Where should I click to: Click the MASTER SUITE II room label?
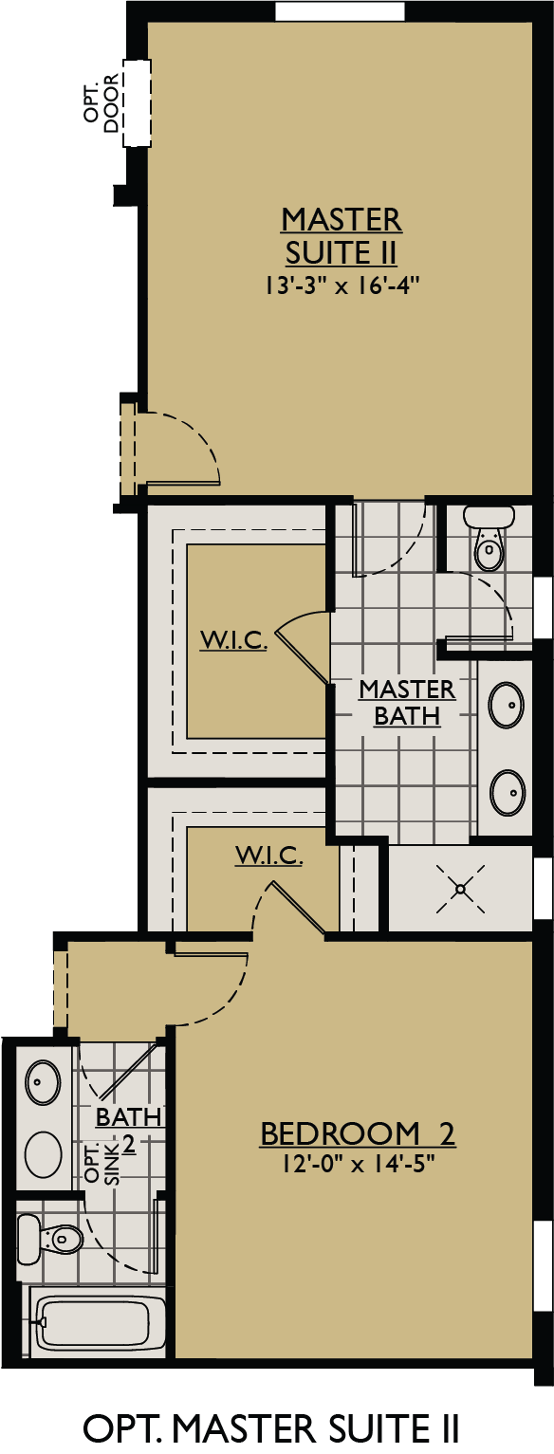tap(341, 236)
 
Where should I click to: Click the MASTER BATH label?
tap(407, 702)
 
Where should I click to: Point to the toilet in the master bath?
tap(489, 541)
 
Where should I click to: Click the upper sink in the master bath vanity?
tap(505, 704)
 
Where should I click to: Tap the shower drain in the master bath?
tap(460, 889)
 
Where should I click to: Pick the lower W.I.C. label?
tap(269, 856)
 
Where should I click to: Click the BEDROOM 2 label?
tap(358, 1132)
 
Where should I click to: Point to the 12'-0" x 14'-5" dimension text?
tap(358, 1162)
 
